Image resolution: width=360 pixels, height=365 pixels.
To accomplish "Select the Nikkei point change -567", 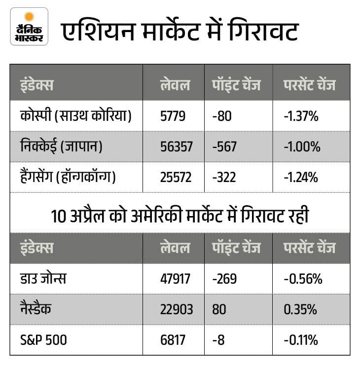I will [x=224, y=146].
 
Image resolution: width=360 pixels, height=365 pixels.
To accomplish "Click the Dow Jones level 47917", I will [x=176, y=279].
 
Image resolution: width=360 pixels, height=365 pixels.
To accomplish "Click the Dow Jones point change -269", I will [x=224, y=279].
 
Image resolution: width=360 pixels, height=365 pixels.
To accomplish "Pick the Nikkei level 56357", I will [x=176, y=146].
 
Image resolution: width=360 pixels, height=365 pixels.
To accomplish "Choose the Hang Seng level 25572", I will [x=176, y=177].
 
